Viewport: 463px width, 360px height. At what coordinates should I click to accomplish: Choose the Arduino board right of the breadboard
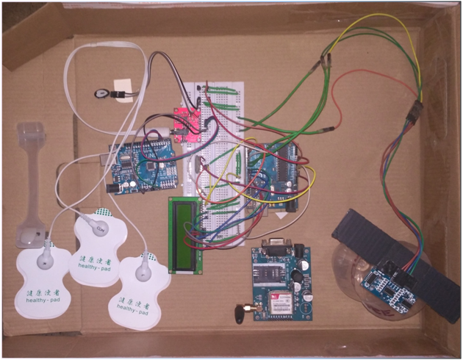[x=272, y=176]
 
